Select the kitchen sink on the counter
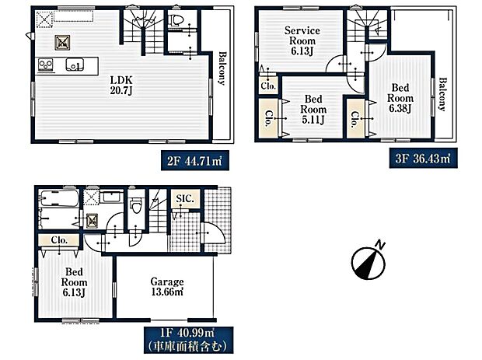(x=75, y=65)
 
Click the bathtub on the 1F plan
(x=57, y=206)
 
